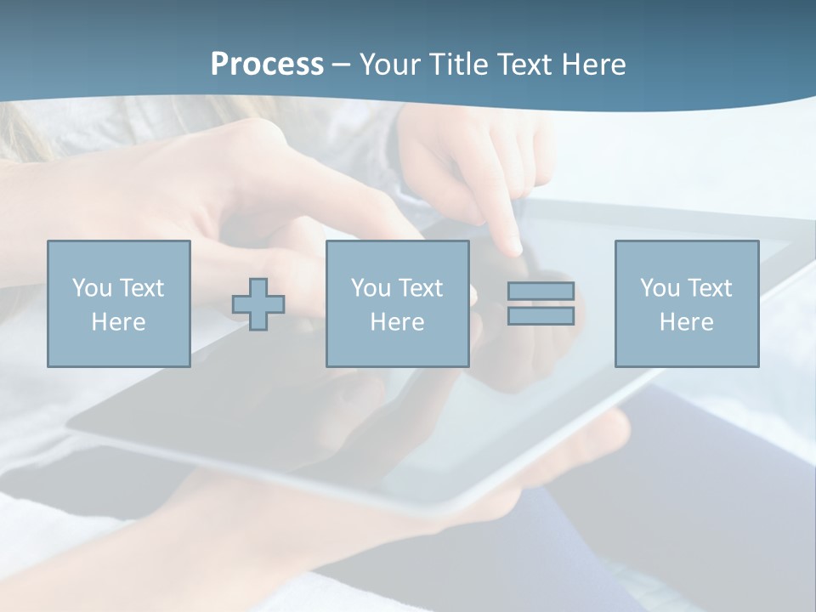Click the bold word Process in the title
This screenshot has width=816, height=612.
coord(267,65)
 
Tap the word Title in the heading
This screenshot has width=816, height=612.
coord(460,65)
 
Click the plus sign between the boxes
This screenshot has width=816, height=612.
coord(258,304)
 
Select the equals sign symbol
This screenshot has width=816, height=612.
coord(541,303)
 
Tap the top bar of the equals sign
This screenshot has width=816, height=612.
coord(541,292)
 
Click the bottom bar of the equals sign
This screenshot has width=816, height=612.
coord(541,315)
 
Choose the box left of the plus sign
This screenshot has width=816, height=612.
coord(118,303)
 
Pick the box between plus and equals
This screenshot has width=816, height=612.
coord(397,303)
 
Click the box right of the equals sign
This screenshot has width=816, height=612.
coord(686,303)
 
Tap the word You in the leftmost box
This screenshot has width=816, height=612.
coord(91,288)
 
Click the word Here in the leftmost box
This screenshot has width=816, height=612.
coord(118,322)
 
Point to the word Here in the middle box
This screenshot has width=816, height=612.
coord(397,322)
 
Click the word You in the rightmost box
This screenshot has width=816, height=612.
coord(660,288)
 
